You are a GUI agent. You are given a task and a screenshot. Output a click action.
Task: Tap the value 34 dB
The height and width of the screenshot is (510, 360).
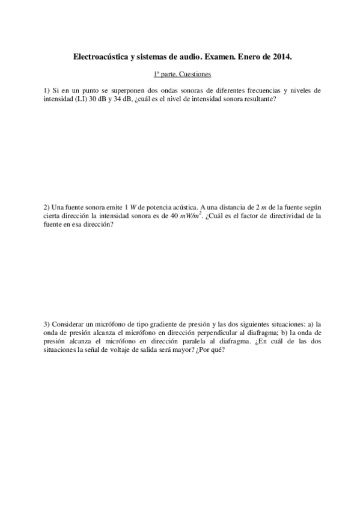[119, 99]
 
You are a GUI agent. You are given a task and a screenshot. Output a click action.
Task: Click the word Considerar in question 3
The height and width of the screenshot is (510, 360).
[69, 323]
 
